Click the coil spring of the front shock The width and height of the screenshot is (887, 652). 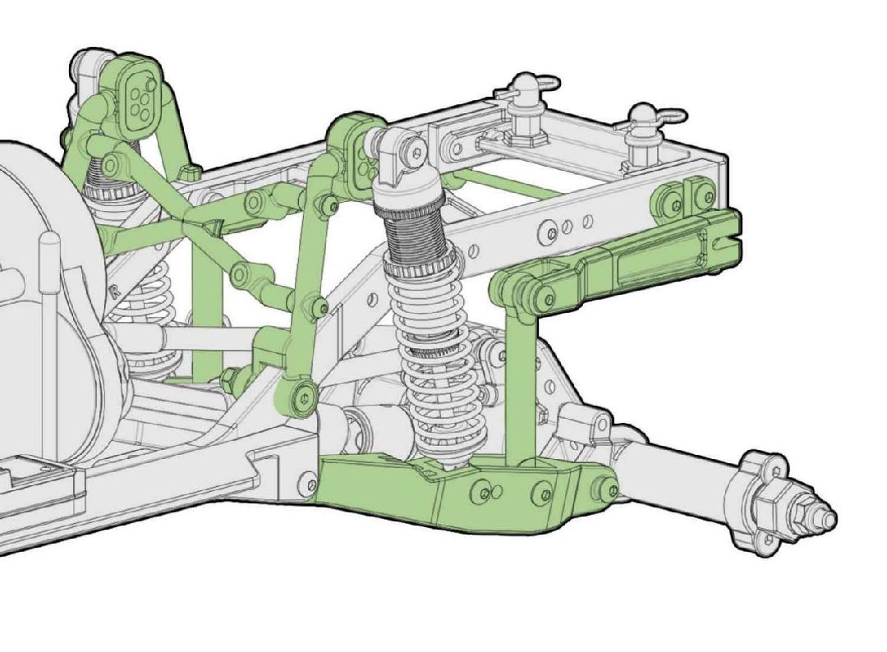pos(423,361)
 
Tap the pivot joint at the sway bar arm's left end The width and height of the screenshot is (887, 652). pos(515,288)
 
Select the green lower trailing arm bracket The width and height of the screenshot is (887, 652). pos(460,493)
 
